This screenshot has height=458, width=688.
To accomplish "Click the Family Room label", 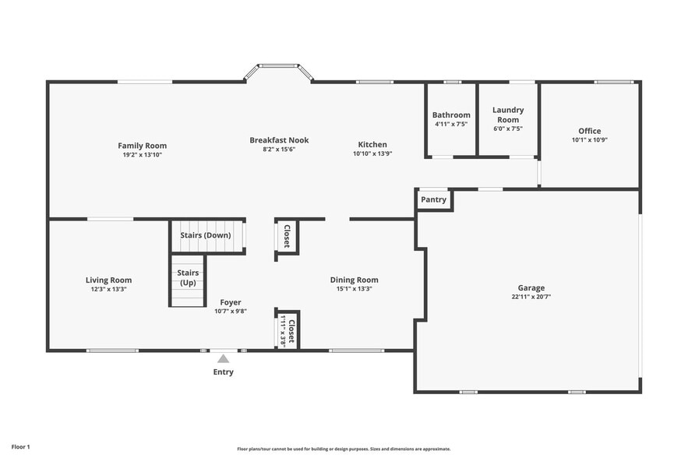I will click(x=142, y=146).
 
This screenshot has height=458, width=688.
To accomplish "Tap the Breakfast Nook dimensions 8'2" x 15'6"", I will click(x=279, y=150).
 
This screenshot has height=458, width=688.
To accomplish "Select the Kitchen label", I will click(x=372, y=145).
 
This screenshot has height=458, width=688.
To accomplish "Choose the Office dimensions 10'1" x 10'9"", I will click(x=589, y=140).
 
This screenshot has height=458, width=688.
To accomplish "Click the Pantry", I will click(x=433, y=199).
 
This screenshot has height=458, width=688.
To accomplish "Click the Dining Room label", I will click(x=354, y=280).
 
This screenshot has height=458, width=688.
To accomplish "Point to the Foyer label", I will click(x=230, y=302).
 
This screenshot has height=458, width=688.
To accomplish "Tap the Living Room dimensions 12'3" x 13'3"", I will click(x=108, y=289).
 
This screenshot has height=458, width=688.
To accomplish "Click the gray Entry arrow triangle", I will click(x=223, y=359).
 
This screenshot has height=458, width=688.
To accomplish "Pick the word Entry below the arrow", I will click(x=223, y=372).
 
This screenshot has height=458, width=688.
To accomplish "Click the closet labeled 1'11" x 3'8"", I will click(x=288, y=329).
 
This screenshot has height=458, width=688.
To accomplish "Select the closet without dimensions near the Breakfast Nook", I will click(x=287, y=236).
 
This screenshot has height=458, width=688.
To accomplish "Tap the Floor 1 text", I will click(x=20, y=447).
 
